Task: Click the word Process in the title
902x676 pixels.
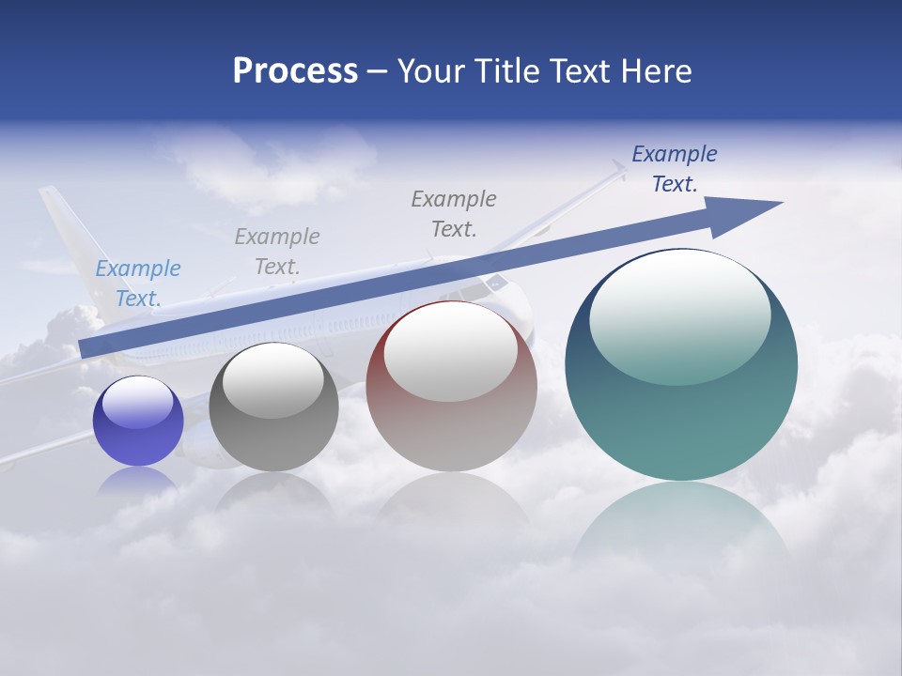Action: [295, 71]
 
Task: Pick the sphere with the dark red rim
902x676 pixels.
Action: [451, 394]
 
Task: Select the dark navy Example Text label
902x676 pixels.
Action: [674, 169]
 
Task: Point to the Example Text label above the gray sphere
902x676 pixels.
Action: [277, 252]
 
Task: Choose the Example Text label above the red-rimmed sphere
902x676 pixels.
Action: [454, 214]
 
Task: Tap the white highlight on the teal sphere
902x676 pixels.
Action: [680, 315]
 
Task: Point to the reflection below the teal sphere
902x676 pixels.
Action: [681, 526]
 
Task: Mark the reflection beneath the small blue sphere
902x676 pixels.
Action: [137, 481]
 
